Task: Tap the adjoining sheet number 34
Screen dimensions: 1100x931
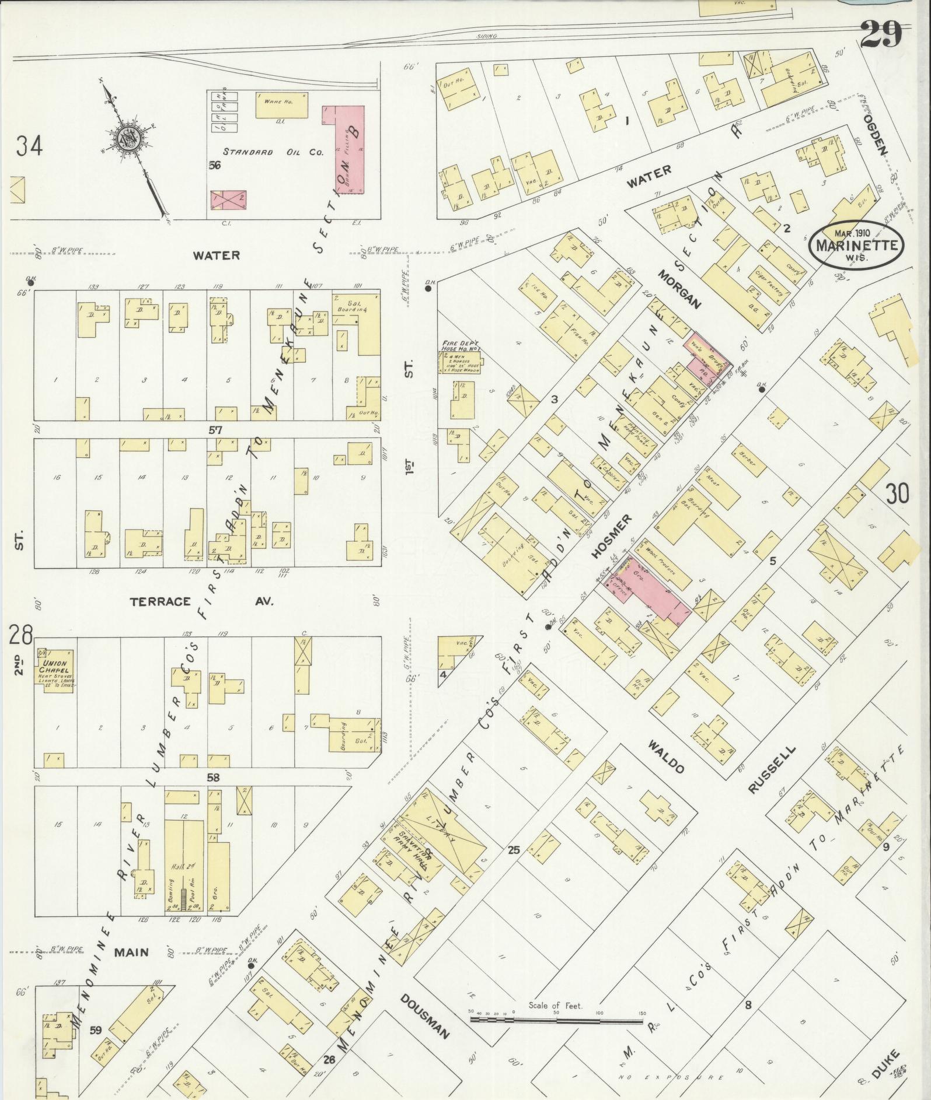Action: (x=29, y=146)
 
